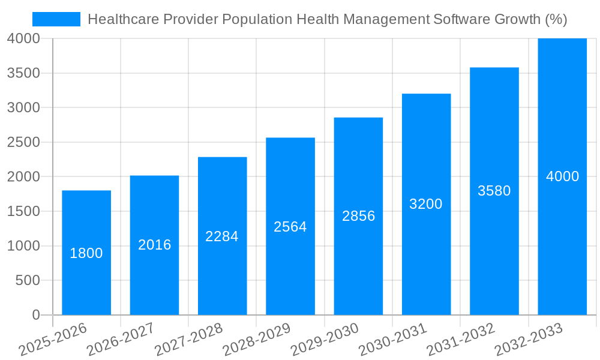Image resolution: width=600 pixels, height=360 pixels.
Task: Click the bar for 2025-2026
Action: (86, 282)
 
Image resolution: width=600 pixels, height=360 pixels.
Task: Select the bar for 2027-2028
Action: (222, 276)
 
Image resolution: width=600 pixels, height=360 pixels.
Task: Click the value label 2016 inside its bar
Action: (154, 245)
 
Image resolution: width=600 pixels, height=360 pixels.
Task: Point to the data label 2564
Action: (290, 227)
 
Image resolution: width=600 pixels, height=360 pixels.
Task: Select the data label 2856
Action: (358, 216)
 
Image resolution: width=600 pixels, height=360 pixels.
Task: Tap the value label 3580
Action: (494, 191)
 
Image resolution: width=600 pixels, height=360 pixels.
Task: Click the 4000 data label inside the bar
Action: (562, 176)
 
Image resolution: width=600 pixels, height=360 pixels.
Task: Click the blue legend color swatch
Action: (56, 19)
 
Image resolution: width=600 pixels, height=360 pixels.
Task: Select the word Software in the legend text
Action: (460, 19)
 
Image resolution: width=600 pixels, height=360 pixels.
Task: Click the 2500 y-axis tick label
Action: (23, 142)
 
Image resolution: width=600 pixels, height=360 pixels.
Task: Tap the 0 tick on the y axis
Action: (35, 315)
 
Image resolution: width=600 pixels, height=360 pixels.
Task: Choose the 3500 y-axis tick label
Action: (23, 73)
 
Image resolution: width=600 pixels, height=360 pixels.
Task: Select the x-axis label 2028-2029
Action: (257, 340)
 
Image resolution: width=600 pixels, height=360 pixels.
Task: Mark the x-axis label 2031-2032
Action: (461, 340)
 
